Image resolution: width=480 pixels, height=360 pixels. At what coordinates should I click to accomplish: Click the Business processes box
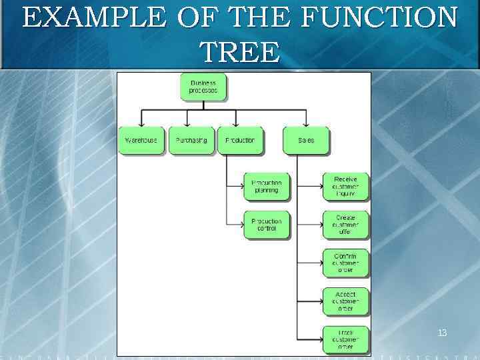click(203, 87)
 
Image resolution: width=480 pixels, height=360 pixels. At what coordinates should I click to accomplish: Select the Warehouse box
click(141, 141)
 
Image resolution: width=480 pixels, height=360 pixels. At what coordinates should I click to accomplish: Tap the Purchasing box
click(191, 141)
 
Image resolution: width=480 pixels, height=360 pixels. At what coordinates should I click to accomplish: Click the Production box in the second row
click(240, 141)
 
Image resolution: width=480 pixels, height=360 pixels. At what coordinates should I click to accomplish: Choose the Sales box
click(306, 141)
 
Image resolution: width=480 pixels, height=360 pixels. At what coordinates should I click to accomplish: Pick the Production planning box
click(267, 187)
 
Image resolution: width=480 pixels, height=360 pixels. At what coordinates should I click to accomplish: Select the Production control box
click(267, 225)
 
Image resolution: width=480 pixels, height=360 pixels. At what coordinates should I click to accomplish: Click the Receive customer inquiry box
click(345, 187)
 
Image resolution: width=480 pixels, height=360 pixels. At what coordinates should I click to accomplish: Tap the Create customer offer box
click(345, 225)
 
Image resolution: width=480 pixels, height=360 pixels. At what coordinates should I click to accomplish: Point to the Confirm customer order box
click(345, 263)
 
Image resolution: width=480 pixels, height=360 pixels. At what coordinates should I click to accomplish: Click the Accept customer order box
click(345, 301)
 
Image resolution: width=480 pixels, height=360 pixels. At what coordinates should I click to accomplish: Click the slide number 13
click(442, 332)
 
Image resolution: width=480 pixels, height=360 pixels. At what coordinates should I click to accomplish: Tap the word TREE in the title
click(239, 52)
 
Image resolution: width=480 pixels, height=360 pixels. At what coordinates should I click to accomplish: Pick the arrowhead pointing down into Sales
click(306, 123)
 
